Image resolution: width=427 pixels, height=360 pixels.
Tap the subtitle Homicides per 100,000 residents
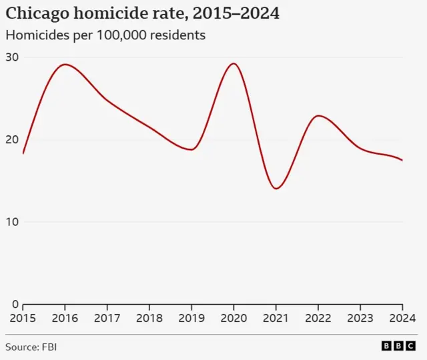105,35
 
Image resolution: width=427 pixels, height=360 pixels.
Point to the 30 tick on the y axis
12,57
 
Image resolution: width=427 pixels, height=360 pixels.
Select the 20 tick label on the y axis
12,139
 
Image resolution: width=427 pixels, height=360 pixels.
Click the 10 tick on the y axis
12,222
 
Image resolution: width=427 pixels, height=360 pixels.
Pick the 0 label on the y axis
15,304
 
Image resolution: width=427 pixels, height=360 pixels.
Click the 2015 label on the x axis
23,318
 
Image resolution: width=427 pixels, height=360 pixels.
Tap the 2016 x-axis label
65,318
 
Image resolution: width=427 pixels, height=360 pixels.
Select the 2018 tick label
149,318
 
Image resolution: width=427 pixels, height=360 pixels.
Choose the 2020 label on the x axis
234,318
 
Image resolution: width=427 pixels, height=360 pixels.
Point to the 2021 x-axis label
276,318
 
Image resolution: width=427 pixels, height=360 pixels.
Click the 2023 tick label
360,318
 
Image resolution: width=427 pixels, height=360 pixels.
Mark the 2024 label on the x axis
402,318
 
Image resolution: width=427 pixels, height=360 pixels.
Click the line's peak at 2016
65,65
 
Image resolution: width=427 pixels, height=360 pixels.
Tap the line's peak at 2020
233,63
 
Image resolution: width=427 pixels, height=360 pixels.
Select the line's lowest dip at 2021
276,189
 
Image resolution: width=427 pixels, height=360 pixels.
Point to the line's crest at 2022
320,116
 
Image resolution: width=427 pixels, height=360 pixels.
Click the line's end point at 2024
402,160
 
